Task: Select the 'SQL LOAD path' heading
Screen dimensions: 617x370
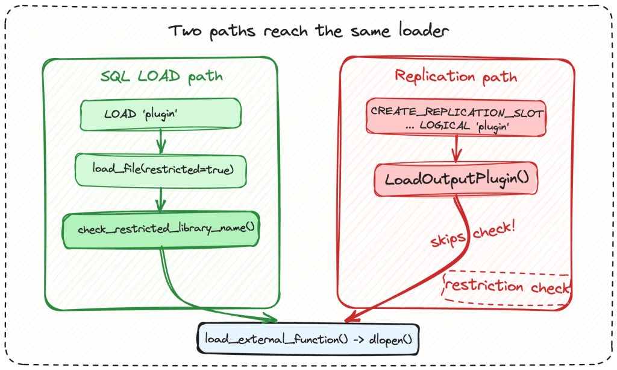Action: pyautogui.click(x=161, y=77)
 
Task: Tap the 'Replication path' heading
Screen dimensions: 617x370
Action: pyautogui.click(x=456, y=77)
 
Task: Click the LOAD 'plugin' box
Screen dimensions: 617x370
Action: pyautogui.click(x=160, y=114)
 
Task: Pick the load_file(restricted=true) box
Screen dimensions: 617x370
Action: pyautogui.click(x=160, y=170)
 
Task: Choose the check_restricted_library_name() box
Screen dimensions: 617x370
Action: pyautogui.click(x=161, y=230)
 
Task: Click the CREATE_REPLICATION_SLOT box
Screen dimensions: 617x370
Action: pyautogui.click(x=456, y=118)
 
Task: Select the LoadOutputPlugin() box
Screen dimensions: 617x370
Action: pyautogui.click(x=456, y=179)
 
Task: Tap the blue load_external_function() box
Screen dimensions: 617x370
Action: pyautogui.click(x=308, y=339)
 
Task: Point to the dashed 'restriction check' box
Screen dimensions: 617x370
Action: pyautogui.click(x=507, y=287)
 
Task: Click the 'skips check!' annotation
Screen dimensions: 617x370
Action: pyautogui.click(x=472, y=234)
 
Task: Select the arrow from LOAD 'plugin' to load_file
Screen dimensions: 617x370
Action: pyautogui.click(x=160, y=141)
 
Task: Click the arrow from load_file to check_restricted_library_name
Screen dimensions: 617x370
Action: pyautogui.click(x=160, y=200)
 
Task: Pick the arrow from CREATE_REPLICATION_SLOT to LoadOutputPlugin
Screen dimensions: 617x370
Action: pyautogui.click(x=457, y=149)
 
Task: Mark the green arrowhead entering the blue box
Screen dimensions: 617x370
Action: pyautogui.click(x=271, y=318)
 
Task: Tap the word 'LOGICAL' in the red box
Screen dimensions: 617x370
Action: pyautogui.click(x=445, y=126)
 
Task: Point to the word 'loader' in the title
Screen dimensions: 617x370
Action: pyautogui.click(x=424, y=31)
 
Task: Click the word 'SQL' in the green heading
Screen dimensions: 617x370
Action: pyautogui.click(x=115, y=76)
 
